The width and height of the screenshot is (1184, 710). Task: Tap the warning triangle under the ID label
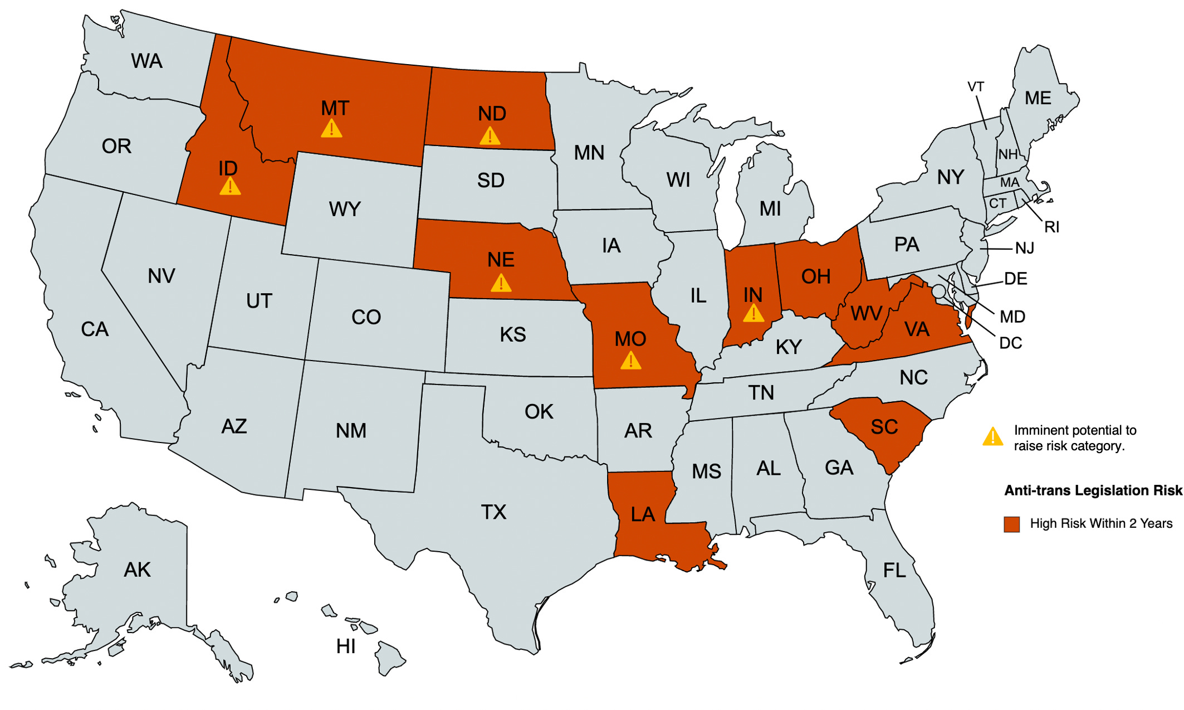click(x=230, y=187)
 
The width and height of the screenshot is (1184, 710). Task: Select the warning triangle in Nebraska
click(x=501, y=283)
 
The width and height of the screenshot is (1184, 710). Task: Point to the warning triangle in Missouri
click(x=630, y=361)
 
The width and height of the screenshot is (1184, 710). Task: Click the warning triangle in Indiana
click(x=754, y=314)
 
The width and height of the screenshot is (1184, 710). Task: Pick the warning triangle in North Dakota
click(x=490, y=136)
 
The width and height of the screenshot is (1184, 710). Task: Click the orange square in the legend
click(x=1011, y=524)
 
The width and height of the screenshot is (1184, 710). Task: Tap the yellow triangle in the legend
click(x=993, y=437)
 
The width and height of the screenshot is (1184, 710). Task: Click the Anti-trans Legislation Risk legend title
click(x=1093, y=490)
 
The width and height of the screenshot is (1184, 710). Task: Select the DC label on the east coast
click(x=1010, y=343)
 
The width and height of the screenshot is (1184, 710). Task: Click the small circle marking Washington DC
click(x=938, y=290)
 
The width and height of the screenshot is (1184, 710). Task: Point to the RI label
click(x=1051, y=227)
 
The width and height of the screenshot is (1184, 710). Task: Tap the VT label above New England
click(x=976, y=87)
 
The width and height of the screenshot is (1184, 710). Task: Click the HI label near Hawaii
click(x=345, y=646)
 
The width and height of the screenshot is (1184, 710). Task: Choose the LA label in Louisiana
click(x=643, y=514)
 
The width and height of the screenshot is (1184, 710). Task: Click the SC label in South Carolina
click(x=884, y=427)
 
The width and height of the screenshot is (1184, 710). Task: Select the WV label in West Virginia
click(x=866, y=313)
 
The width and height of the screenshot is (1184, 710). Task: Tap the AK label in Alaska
click(x=137, y=570)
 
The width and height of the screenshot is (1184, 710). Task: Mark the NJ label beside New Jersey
click(x=1024, y=248)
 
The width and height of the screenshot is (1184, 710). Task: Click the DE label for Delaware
click(x=1015, y=279)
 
